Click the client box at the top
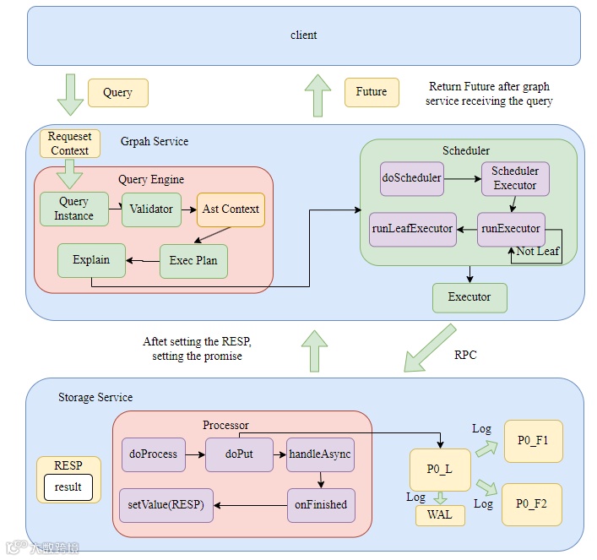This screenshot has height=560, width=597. (304, 35)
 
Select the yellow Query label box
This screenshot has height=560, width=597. (117, 93)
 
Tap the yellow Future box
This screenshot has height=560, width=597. (372, 92)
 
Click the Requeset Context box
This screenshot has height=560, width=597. (69, 144)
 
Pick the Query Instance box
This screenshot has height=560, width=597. (74, 209)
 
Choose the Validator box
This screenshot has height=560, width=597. (152, 209)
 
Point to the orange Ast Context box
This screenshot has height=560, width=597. (231, 209)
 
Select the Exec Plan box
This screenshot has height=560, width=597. (193, 260)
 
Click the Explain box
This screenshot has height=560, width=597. (91, 260)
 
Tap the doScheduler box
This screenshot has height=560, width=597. (412, 179)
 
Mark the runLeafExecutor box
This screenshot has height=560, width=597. (412, 229)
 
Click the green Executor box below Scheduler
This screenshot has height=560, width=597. (469, 297)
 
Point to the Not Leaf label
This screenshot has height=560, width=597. (538, 252)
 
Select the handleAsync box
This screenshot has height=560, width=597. (320, 454)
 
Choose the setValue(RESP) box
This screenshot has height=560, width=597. (166, 505)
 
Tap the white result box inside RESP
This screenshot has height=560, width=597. (68, 487)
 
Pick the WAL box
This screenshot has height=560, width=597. (440, 515)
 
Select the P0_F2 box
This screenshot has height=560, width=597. (533, 505)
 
